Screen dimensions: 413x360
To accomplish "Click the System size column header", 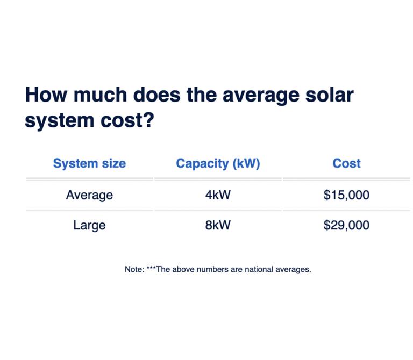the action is coord(90,164).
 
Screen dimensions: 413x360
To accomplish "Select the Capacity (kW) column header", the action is coord(218,164).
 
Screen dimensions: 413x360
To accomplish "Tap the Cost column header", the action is coord(346,163).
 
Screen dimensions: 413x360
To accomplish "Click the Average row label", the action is coord(90,195).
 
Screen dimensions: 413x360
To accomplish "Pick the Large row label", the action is coord(90,226).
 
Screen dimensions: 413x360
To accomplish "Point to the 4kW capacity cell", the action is coord(218,195).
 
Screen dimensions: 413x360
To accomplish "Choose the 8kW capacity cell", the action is coord(218,225).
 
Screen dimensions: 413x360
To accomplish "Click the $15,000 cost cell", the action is coord(346,195).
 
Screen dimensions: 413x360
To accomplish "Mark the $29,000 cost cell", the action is coord(346,225).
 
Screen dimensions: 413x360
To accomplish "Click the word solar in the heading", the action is coord(329,95).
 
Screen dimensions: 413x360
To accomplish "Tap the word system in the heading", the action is coord(60,121).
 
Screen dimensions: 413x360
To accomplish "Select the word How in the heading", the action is coord(46,95).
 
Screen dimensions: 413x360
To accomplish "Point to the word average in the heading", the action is coord(261,96).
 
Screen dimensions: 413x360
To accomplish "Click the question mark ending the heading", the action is coord(149,120).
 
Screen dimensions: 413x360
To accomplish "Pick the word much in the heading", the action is coord(101,95).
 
